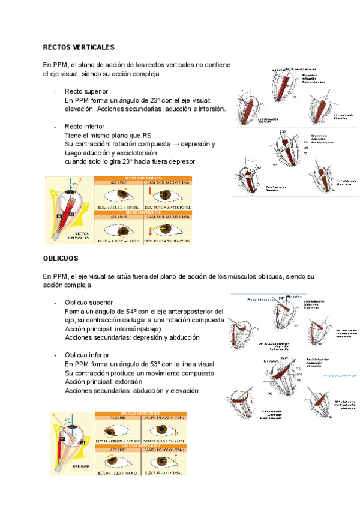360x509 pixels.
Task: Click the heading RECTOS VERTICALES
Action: pyautogui.click(x=79, y=47)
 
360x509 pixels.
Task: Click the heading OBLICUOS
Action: pyautogui.click(x=61, y=258)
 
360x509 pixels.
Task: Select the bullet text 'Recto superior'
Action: pyautogui.click(x=86, y=91)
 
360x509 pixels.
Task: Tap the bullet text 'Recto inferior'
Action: pyautogui.click(x=85, y=127)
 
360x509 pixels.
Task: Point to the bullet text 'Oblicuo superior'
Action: pyautogui.click(x=88, y=303)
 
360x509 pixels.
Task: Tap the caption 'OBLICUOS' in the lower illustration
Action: pyautogui.click(x=81, y=466)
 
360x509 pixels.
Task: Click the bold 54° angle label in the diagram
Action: pyautogui.click(x=282, y=298)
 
